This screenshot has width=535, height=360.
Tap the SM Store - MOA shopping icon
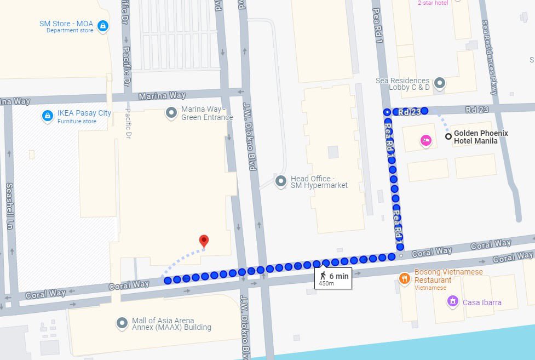tap(102, 25)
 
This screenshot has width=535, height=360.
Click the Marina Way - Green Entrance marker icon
tap(171, 113)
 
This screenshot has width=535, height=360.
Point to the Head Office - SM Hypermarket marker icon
tap(281, 181)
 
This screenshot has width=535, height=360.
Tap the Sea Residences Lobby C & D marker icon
tap(439, 84)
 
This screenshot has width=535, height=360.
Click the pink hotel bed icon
tap(426, 141)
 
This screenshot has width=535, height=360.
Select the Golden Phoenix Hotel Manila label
tap(481, 137)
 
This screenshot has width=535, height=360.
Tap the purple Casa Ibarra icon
tap(452, 301)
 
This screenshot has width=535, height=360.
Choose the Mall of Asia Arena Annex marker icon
tap(122, 323)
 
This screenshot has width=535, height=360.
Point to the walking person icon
tap(323, 276)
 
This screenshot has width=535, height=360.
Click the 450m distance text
tap(326, 283)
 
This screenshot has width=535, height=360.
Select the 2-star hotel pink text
tap(433, 3)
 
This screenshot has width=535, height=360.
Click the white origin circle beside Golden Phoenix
tap(448, 136)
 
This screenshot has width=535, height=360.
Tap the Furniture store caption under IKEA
tap(77, 121)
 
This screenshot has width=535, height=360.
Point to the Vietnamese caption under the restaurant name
tap(430, 288)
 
